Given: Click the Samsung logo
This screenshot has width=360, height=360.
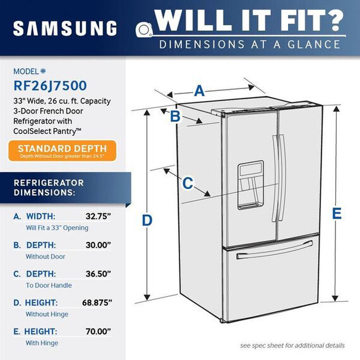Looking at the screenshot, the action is coord(65,28).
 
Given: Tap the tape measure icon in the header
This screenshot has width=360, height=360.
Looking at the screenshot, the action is coord(144,30).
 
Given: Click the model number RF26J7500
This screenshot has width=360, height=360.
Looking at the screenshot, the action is coord(50,86).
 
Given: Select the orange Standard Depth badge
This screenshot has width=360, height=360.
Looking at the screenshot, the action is coord(63,151).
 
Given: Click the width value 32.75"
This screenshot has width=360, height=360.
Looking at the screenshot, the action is coord(99,216).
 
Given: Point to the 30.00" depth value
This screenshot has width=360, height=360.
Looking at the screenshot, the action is coord(99,245).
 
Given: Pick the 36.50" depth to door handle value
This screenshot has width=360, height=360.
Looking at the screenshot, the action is coord(99,273).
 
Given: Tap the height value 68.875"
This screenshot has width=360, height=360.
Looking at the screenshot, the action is coord(97,303).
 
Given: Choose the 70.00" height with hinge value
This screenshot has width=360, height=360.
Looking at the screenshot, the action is coord(99,332).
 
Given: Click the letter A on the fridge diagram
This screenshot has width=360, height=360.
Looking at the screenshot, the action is coord(200,91).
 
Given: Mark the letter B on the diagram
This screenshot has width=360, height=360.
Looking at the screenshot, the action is coord(175,116).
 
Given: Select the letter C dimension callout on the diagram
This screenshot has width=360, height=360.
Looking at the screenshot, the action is coord(188,183).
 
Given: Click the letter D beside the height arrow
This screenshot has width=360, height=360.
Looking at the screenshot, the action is coord(147,220).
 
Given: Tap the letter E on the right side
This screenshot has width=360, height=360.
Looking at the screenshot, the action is coord(337,213).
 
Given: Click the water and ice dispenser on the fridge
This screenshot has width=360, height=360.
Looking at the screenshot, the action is coord(250,185).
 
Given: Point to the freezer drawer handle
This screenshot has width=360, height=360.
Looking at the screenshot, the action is coord(275,250).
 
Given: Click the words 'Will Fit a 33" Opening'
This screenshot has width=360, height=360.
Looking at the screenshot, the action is coord(57,228).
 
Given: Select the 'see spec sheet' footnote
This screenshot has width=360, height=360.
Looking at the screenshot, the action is coord(292,345).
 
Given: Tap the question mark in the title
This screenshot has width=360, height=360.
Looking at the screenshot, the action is coord(333,20).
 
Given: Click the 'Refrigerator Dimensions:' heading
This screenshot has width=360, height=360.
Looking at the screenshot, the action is coord(49,188).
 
